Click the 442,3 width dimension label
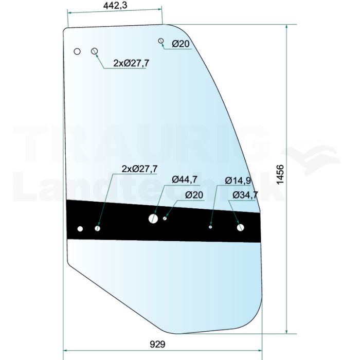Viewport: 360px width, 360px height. point(115,5)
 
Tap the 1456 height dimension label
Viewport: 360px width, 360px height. point(280,174)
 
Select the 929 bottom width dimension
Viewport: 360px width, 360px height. point(157,345)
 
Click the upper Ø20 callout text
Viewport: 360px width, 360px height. point(181,44)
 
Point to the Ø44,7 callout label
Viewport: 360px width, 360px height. point(184,179)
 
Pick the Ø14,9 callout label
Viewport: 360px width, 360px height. point(238,181)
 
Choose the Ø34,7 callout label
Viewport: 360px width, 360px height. point(245,195)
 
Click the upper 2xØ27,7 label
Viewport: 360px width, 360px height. point(131,63)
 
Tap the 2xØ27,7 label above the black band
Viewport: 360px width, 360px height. point(139,169)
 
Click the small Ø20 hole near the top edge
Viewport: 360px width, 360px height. point(161,41)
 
